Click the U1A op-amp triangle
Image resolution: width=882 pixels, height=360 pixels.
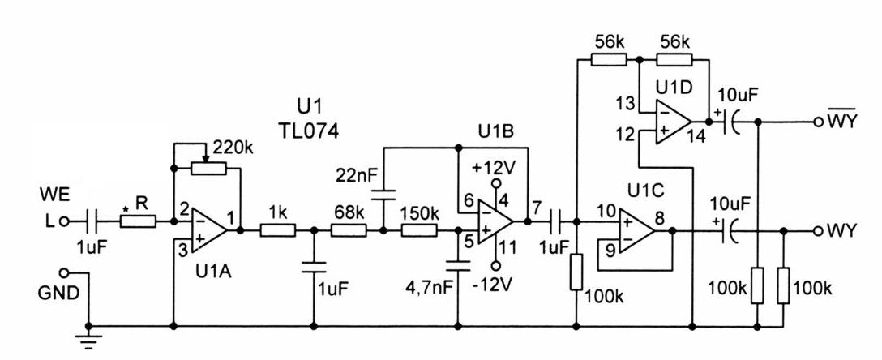(208, 230)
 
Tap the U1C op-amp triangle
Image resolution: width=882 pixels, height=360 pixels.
(636, 230)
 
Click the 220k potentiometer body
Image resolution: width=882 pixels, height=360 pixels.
(208, 168)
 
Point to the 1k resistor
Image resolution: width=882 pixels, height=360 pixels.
(277, 230)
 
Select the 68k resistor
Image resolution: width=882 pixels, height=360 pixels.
(349, 230)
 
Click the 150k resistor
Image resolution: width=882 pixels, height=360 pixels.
(419, 230)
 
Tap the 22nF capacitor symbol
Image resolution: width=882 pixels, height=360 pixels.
(383, 198)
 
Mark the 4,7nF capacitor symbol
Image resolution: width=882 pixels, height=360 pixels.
(459, 265)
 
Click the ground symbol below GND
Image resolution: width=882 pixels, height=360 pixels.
(88, 339)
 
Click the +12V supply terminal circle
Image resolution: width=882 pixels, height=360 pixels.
(495, 184)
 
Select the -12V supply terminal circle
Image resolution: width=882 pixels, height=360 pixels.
(495, 265)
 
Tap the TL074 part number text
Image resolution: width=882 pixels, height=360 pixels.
(308, 131)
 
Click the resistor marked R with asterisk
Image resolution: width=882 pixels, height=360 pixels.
(138, 222)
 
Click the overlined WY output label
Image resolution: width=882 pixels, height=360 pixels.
(841, 120)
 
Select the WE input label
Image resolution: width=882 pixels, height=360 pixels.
(54, 196)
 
